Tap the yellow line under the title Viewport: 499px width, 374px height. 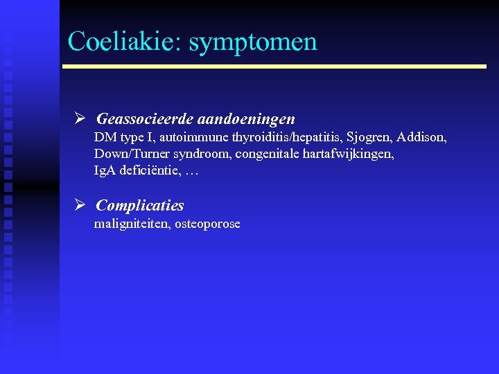(274, 66)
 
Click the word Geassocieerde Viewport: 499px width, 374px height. (140, 119)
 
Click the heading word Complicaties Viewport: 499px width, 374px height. (140, 205)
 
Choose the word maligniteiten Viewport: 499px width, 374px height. (132, 224)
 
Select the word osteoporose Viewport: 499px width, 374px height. (207, 224)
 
